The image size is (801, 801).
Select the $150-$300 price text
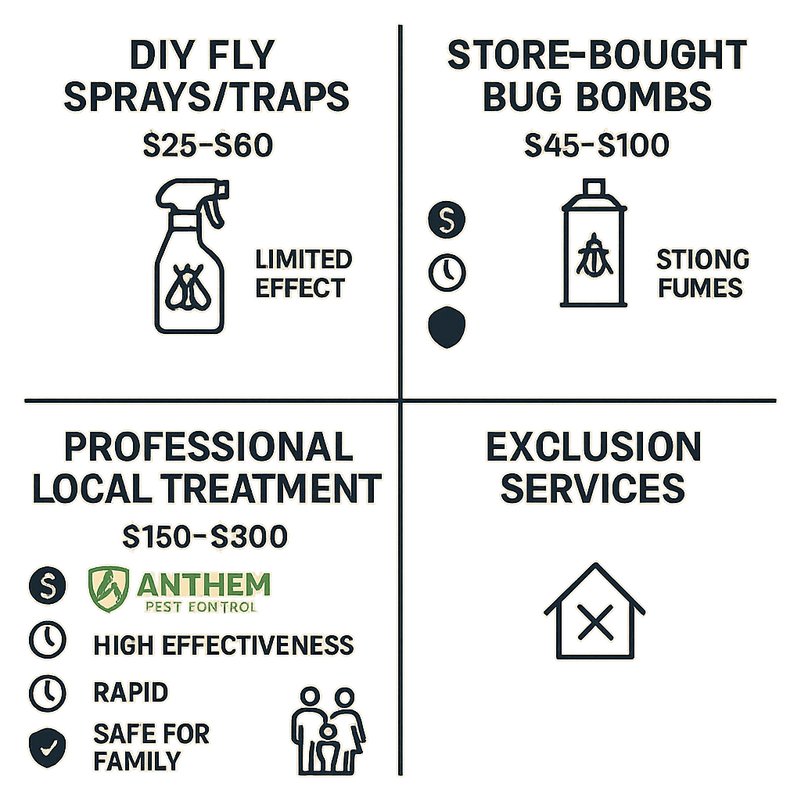click(x=206, y=537)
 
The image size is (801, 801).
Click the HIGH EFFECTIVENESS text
click(x=223, y=645)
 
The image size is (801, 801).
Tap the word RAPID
click(x=130, y=692)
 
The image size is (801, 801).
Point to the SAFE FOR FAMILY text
click(x=150, y=747)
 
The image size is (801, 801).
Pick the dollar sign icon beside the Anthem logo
click(x=46, y=584)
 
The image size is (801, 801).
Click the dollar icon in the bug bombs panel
click(x=447, y=221)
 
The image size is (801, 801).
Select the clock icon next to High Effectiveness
click(x=46, y=641)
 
